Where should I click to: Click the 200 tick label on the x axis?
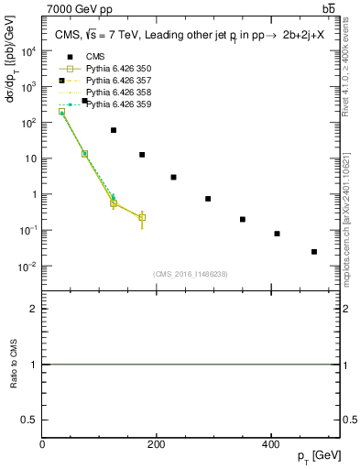(x=157, y=445)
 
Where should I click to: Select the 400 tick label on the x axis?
(x=270, y=445)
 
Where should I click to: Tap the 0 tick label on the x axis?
(x=43, y=445)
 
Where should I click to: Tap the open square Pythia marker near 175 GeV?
(x=142, y=217)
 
